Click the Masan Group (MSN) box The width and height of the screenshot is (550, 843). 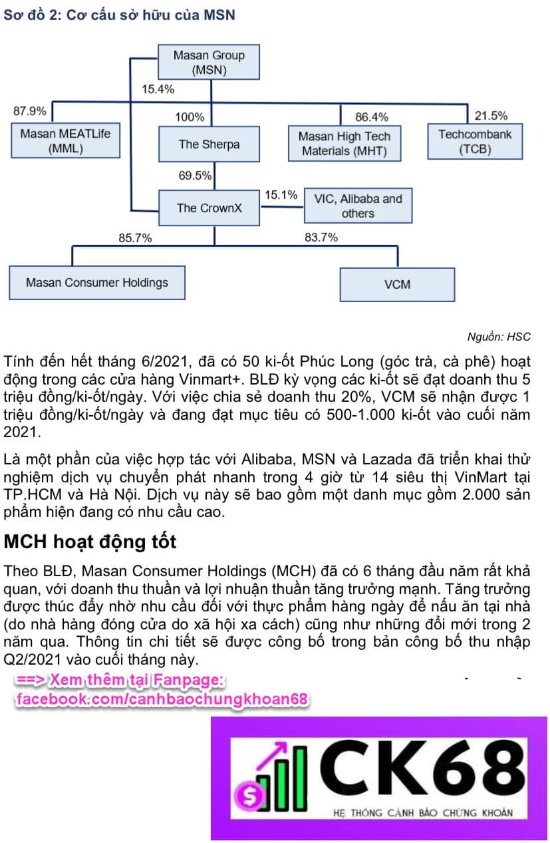[209, 63]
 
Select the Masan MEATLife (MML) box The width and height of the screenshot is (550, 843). [65, 141]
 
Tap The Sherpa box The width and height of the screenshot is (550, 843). [209, 144]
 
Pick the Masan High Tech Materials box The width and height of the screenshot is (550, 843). [344, 144]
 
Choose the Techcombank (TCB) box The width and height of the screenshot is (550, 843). [475, 141]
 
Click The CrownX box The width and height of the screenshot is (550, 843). [209, 208]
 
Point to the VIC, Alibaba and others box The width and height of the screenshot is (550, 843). [358, 206]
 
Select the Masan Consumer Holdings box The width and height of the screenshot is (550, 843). [97, 282]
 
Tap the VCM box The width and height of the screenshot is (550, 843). [397, 284]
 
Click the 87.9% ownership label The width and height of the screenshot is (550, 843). [30, 111]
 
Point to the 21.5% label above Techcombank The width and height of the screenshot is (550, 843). [491, 116]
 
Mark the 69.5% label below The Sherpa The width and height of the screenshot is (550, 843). [195, 176]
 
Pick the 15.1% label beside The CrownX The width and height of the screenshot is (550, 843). [281, 195]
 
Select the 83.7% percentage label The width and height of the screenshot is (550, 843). [321, 237]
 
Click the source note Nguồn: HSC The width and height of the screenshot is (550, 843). [499, 337]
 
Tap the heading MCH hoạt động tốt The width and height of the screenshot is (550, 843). [90, 542]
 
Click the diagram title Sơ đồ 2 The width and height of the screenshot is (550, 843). [119, 14]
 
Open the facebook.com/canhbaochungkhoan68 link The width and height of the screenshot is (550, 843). [162, 699]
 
